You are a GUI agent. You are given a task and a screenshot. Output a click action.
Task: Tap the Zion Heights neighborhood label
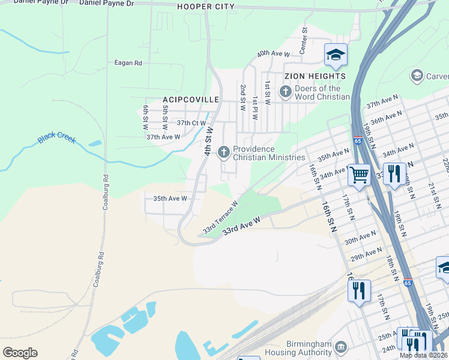pos(315,76)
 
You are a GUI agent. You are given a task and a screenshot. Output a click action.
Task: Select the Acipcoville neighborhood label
pos(190,99)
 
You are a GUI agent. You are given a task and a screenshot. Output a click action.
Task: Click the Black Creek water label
pos(56,138)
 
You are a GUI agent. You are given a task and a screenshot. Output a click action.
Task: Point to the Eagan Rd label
pos(128,62)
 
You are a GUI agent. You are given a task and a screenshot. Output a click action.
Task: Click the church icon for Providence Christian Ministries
pos(224,152)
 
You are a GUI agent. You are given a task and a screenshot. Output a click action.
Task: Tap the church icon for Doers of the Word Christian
pos(285,92)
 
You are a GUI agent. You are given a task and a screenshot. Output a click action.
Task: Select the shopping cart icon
pos(359,175)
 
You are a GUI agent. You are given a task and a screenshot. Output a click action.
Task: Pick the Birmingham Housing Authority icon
pos(341,347)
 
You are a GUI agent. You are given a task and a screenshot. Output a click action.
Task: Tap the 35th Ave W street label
pos(170,198)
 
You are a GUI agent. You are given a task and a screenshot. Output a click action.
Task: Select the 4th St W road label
pos(209,142)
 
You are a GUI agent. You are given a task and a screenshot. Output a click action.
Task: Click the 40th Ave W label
pos(274,54)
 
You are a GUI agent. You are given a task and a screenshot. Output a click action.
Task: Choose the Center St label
pos(304,38)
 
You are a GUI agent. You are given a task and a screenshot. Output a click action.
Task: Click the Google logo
pos(20,353)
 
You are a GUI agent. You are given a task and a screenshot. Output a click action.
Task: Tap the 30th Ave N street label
pos(360,238)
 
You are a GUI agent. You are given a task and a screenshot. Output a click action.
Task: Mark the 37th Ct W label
pos(191,122)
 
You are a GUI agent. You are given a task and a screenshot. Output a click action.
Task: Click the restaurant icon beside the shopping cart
pos(394,175)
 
